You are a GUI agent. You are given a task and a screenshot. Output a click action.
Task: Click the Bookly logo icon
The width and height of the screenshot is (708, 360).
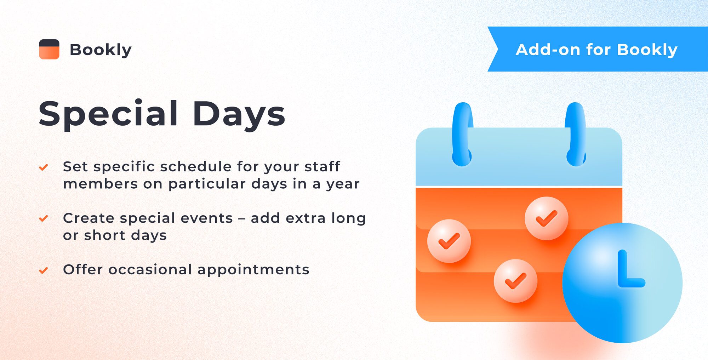point(49,49)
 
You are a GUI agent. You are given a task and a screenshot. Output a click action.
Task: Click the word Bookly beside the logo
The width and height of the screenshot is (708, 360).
point(101,50)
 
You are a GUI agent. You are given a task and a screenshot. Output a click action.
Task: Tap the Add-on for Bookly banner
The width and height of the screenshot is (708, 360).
point(596,50)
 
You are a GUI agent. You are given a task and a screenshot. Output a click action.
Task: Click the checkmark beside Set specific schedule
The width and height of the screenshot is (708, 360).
point(44,167)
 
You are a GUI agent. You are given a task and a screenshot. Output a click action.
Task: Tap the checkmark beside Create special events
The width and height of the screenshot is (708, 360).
point(44,218)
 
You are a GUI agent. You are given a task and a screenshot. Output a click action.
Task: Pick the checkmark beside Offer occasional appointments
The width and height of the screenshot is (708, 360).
point(44,270)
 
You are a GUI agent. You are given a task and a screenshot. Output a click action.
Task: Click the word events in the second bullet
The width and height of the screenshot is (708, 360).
point(207,218)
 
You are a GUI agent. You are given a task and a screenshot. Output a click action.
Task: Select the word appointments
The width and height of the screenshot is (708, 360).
point(253,270)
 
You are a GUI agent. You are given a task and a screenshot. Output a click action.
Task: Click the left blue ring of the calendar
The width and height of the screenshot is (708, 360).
point(462,135)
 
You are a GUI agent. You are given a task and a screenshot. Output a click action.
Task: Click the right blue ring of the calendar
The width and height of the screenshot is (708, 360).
point(576,135)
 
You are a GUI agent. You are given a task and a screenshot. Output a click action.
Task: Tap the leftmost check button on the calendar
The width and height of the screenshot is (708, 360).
point(449,241)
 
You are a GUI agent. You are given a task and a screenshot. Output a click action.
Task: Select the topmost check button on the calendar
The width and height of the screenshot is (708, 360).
point(546,218)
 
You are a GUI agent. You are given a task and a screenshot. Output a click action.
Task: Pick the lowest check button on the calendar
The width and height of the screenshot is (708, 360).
point(515,281)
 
